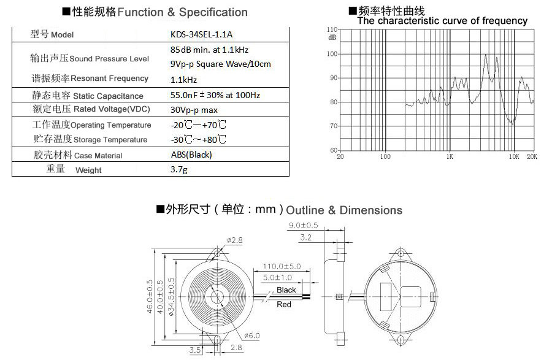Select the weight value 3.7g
pyautogui.click(x=179, y=170)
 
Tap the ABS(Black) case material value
pyautogui.click(x=191, y=155)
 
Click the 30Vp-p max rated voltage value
pyautogui.click(x=194, y=110)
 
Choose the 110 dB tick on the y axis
pyautogui.click(x=332, y=29)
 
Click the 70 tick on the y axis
pyautogui.click(x=334, y=126)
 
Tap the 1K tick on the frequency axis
pyautogui.click(x=450, y=156)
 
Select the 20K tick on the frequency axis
pyautogui.click(x=532, y=156)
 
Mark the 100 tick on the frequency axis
pyautogui.click(x=385, y=156)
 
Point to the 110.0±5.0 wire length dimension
pyautogui.click(x=282, y=266)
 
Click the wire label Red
pyautogui.click(x=284, y=304)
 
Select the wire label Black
pyautogui.click(x=286, y=290)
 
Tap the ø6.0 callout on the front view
pyautogui.click(x=252, y=335)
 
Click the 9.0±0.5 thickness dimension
pyautogui.click(x=303, y=225)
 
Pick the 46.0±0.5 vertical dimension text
pyautogui.click(x=149, y=297)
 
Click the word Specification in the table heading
pyautogui.click(x=213, y=12)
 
